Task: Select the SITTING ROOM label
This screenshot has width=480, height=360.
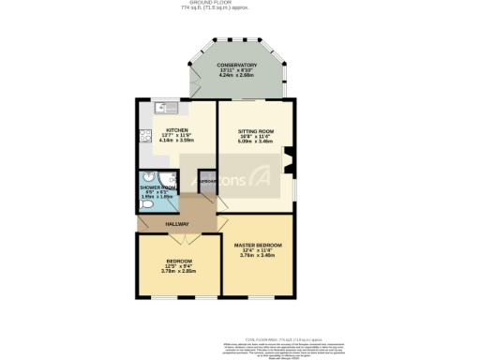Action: [x=255, y=130]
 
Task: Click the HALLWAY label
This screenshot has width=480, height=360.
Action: [x=178, y=224]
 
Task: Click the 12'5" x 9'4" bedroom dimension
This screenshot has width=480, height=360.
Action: [x=178, y=265]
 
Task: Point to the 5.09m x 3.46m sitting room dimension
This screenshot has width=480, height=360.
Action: [x=255, y=142]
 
